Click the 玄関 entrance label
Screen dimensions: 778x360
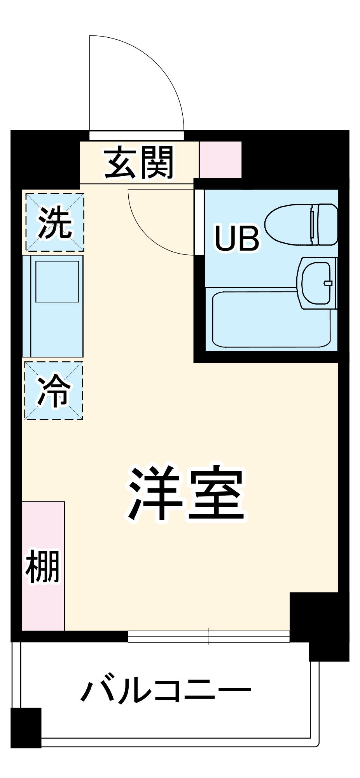(x=139, y=163)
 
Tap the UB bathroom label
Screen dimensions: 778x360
(x=237, y=238)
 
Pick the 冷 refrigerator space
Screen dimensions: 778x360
(x=54, y=391)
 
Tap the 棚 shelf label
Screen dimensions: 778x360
(x=43, y=566)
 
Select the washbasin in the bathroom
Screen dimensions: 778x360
(x=316, y=283)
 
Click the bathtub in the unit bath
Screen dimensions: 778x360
(x=271, y=320)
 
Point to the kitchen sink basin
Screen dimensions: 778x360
(x=57, y=282)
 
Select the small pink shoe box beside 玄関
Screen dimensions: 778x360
(x=220, y=160)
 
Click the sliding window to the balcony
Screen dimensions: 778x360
(x=209, y=636)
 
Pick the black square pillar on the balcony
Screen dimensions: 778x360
(x=26, y=727)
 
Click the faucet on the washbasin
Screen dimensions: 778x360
(x=328, y=283)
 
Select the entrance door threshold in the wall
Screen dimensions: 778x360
(x=136, y=135)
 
